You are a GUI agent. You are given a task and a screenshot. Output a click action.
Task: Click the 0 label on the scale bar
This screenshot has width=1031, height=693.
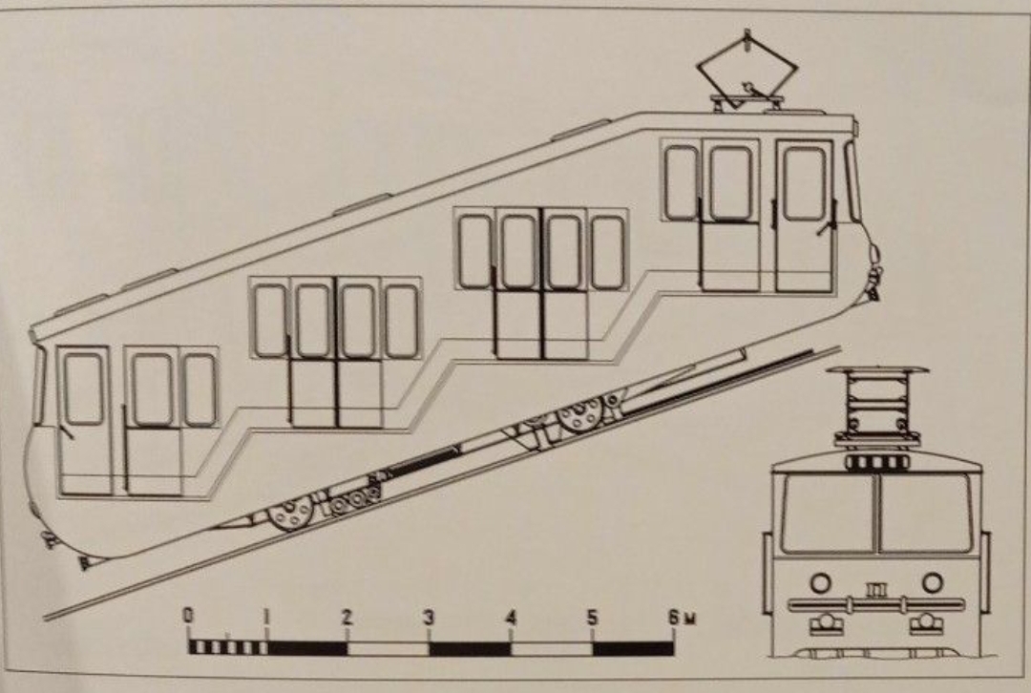coord(188,615)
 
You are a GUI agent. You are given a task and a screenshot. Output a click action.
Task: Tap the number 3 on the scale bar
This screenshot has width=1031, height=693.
coord(428,618)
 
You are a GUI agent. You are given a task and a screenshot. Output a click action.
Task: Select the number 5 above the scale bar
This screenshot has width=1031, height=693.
coord(592,618)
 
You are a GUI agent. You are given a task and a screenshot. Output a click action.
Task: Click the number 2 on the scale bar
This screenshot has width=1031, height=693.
coord(347,618)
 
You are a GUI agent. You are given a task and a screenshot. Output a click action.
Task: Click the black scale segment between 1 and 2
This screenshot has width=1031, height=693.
coord(307,647)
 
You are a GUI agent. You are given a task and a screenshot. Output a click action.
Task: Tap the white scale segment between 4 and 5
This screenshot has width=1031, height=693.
coord(552,647)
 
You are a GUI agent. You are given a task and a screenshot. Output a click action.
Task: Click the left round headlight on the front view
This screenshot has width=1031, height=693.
coord(820,582)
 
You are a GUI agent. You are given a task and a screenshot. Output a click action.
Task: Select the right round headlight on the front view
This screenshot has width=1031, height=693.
coord(933,582)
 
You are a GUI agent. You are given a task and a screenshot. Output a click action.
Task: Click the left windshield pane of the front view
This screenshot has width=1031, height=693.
coord(828,514)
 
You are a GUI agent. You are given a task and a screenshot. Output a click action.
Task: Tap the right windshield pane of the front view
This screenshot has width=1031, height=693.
coord(925,514)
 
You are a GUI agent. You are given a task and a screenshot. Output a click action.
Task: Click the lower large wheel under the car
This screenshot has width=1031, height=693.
coord(290,513)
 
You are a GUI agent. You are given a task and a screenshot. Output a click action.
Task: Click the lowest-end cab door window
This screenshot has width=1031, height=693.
coord(83,388)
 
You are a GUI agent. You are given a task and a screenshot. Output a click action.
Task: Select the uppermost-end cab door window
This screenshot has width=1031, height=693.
coord(804,183)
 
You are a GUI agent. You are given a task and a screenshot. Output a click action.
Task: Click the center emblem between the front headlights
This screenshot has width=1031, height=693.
coord(875,589)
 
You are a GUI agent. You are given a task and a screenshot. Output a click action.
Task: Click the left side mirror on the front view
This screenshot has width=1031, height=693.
coord(767,573)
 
